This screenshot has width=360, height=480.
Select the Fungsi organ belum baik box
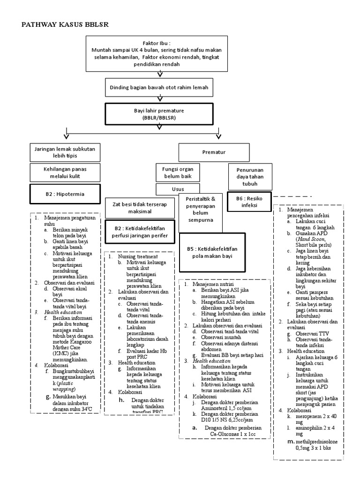(x=175, y=172)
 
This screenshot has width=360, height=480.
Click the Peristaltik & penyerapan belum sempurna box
(x=200, y=209)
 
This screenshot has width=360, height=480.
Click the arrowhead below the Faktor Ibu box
(x=161, y=74)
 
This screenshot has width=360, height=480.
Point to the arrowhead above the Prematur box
(x=218, y=136)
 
